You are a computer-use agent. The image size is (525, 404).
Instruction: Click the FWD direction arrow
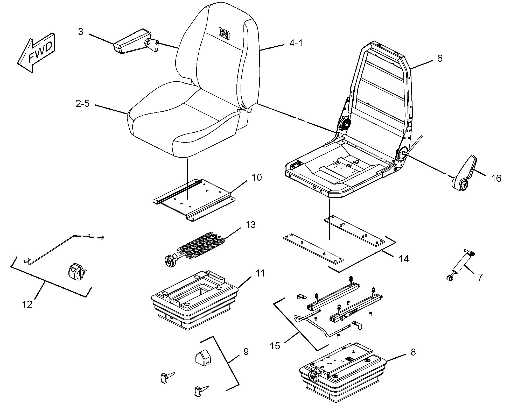36,53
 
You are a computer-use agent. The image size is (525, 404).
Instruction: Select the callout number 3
81,32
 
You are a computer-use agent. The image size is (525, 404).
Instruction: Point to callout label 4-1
296,43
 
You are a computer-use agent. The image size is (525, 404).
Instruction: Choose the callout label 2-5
82,104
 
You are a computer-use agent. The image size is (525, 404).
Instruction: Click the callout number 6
440,58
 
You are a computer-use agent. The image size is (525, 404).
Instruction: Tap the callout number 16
496,178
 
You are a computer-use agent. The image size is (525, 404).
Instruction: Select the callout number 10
257,178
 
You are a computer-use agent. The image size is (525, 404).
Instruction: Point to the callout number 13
250,225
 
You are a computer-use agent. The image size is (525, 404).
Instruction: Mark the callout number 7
480,277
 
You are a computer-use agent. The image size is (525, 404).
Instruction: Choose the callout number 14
404,259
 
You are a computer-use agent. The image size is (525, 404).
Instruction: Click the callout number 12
27,304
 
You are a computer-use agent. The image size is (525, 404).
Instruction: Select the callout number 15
275,346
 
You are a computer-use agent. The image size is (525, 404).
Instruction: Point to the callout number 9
246,352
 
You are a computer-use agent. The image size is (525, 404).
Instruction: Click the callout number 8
413,352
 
